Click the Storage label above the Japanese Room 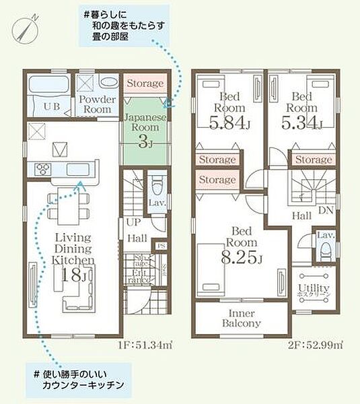(x=145, y=83)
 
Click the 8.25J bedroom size (x=240, y=256)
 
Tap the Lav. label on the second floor (x=326, y=236)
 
